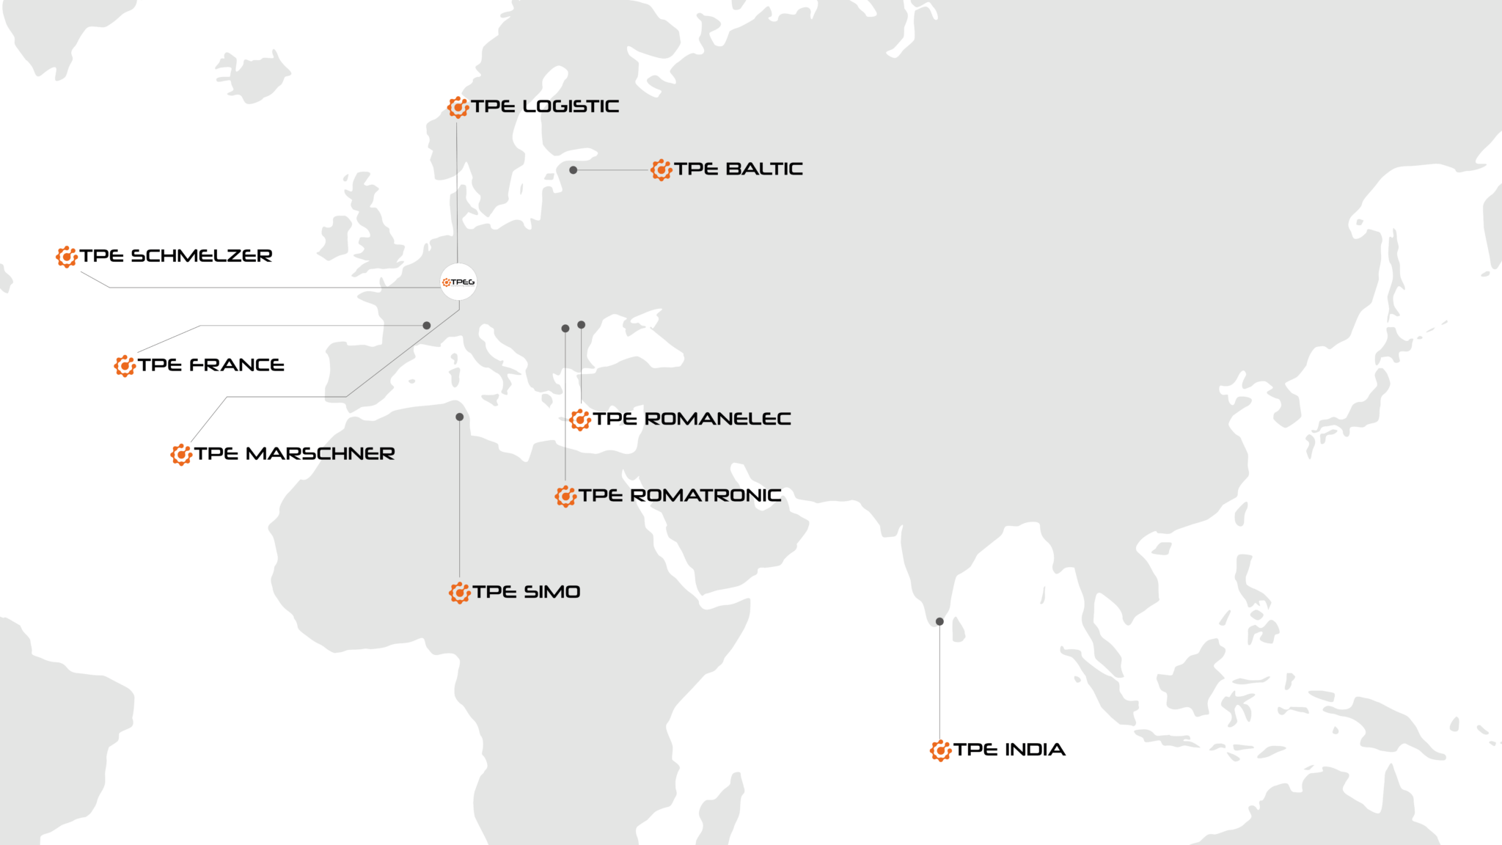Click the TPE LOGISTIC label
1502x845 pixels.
pyautogui.click(x=545, y=107)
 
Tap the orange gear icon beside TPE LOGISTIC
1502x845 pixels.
pyautogui.click(x=458, y=107)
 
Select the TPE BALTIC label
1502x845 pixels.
pyautogui.click(x=738, y=169)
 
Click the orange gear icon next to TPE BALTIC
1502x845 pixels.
pyautogui.click(x=661, y=170)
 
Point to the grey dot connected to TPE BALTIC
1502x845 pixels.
pyautogui.click(x=574, y=170)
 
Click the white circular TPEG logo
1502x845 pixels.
pyautogui.click(x=458, y=282)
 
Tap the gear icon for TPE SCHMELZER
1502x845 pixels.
pyautogui.click(x=67, y=257)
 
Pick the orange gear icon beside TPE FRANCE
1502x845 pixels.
pyautogui.click(x=125, y=365)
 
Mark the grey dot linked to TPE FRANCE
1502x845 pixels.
pyautogui.click(x=427, y=326)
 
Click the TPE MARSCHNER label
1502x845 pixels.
pyautogui.click(x=298, y=454)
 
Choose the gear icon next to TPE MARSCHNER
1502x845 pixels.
pyautogui.click(x=181, y=455)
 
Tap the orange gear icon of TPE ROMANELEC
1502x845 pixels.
pyautogui.click(x=581, y=420)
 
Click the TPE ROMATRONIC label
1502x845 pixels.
pyautogui.click(x=679, y=496)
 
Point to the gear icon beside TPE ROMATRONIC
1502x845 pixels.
pyautogui.click(x=565, y=497)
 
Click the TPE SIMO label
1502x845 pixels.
pyautogui.click(x=526, y=592)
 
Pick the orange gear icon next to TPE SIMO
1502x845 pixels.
pyautogui.click(x=460, y=593)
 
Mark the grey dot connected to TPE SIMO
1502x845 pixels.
pyautogui.click(x=460, y=417)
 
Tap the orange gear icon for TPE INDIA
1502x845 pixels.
pyautogui.click(x=941, y=750)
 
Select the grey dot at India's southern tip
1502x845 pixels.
pyautogui.click(x=939, y=622)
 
